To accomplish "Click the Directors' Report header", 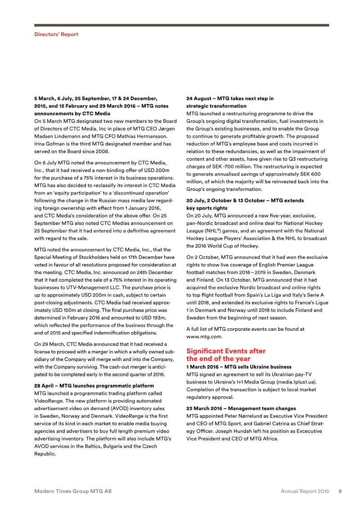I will [56, 34].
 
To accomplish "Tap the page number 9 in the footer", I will [340, 491].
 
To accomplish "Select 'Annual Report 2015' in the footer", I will [305, 491].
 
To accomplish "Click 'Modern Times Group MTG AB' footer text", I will [73, 491].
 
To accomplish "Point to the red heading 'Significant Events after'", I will [225, 351].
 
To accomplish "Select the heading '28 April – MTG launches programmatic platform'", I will [94, 386].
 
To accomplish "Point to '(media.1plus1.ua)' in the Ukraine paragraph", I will [296, 382].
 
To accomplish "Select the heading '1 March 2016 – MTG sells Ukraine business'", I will [238, 367].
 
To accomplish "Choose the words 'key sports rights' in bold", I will [207, 208].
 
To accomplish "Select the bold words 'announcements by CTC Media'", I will [72, 114].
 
